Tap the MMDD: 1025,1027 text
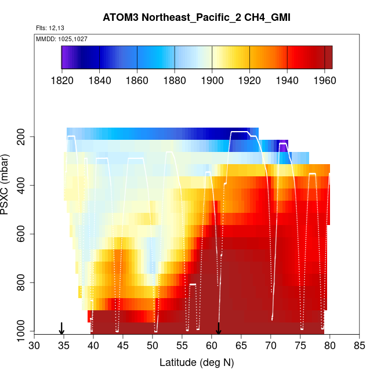pyautogui.click(x=58, y=38)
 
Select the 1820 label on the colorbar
pyautogui.click(x=62, y=80)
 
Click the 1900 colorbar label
pyautogui.click(x=212, y=80)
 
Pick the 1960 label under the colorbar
pyautogui.click(x=324, y=80)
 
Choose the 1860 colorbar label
pyautogui.click(x=137, y=80)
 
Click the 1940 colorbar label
pyautogui.click(x=287, y=80)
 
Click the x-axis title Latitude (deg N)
pyautogui.click(x=196, y=362)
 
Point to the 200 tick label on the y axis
pyautogui.click(x=23, y=137)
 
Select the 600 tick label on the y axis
pyautogui.click(x=23, y=234)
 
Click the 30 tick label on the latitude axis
pyautogui.click(x=34, y=346)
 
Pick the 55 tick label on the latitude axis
pyautogui.click(x=182, y=346)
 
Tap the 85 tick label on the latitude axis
pyautogui.click(x=360, y=346)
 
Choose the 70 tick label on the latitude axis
pyautogui.click(x=271, y=346)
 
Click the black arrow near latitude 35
pyautogui.click(x=61, y=328)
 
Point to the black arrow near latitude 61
pyautogui.click(x=219, y=328)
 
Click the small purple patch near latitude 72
pyautogui.click(x=283, y=146)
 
